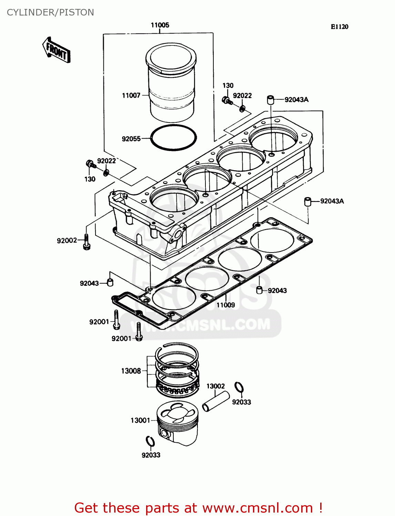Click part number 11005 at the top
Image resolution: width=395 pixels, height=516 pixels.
[x=160, y=25]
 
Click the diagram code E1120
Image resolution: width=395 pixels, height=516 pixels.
[x=340, y=27]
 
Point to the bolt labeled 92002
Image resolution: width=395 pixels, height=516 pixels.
[x=87, y=241]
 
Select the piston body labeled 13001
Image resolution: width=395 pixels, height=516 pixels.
[x=178, y=424]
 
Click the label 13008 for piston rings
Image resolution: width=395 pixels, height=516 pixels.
[x=131, y=371]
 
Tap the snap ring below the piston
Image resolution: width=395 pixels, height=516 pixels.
[x=150, y=441]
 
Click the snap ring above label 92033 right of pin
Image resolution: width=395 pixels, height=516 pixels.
[x=239, y=388]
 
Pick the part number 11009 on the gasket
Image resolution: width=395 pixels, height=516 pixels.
[x=225, y=305]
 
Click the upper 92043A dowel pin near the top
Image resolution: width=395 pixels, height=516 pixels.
[x=270, y=100]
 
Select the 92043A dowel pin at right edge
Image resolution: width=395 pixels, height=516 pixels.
[x=307, y=201]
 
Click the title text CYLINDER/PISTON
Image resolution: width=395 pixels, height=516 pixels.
[x=50, y=12]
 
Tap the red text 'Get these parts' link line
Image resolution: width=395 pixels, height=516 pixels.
[x=199, y=508]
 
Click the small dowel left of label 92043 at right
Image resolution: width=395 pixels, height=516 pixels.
[x=260, y=290]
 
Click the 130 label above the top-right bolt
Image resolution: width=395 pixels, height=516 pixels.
[x=228, y=85]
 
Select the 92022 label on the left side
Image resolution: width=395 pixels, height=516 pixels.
[x=107, y=161]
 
